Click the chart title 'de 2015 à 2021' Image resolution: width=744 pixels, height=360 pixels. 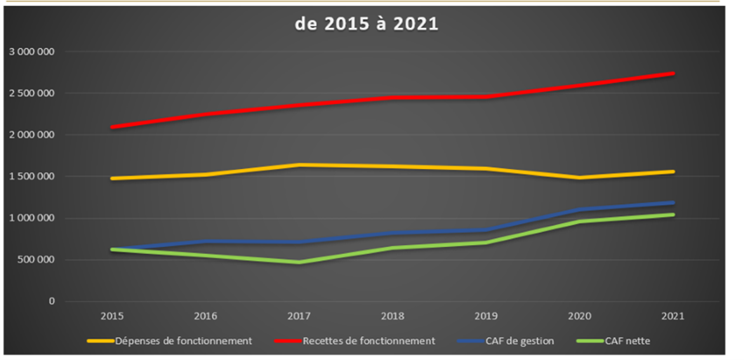(366, 23)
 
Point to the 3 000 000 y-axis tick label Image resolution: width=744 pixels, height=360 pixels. (32, 52)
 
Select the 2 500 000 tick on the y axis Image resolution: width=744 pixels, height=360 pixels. (32, 93)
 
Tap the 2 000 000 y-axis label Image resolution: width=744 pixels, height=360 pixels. (32, 135)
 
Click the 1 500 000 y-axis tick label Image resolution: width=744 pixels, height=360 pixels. (32, 177)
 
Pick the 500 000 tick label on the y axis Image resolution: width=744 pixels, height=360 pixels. (36, 260)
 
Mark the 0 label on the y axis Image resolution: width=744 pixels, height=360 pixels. (51, 302)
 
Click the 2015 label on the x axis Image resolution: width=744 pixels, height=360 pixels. (110, 316)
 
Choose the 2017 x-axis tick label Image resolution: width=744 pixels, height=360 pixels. (299, 316)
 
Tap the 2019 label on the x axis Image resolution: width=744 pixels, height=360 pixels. (486, 316)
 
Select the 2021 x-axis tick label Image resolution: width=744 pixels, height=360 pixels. (674, 316)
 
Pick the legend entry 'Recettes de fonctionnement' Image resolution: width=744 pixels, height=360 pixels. (369, 341)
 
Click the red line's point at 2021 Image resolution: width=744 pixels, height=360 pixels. (674, 73)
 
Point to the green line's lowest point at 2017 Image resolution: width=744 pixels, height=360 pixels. (299, 262)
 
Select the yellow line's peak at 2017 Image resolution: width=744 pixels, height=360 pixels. (299, 165)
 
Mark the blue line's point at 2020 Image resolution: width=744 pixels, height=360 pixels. (580, 210)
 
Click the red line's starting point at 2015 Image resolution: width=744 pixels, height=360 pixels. (111, 127)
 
